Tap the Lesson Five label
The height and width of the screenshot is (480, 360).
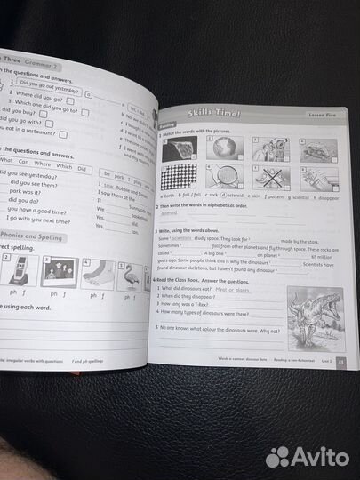click(x=312, y=115)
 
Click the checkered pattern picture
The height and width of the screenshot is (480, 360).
click(x=180, y=175)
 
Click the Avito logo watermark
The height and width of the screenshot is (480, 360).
click(x=310, y=456)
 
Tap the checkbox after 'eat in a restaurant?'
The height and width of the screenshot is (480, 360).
click(x=63, y=133)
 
